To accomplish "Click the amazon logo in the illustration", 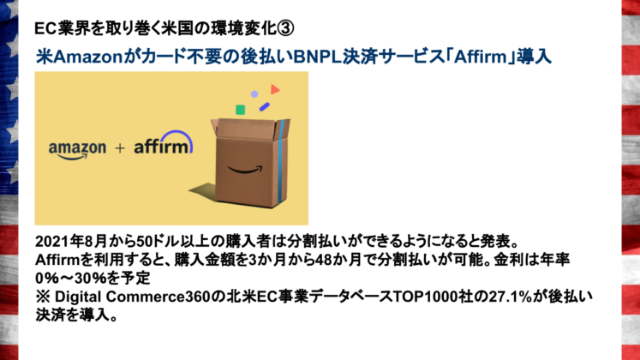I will (76, 149).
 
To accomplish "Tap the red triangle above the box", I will (275, 89).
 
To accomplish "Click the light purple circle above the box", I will (254, 94).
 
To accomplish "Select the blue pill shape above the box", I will (265, 106).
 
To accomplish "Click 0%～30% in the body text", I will (66, 277).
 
